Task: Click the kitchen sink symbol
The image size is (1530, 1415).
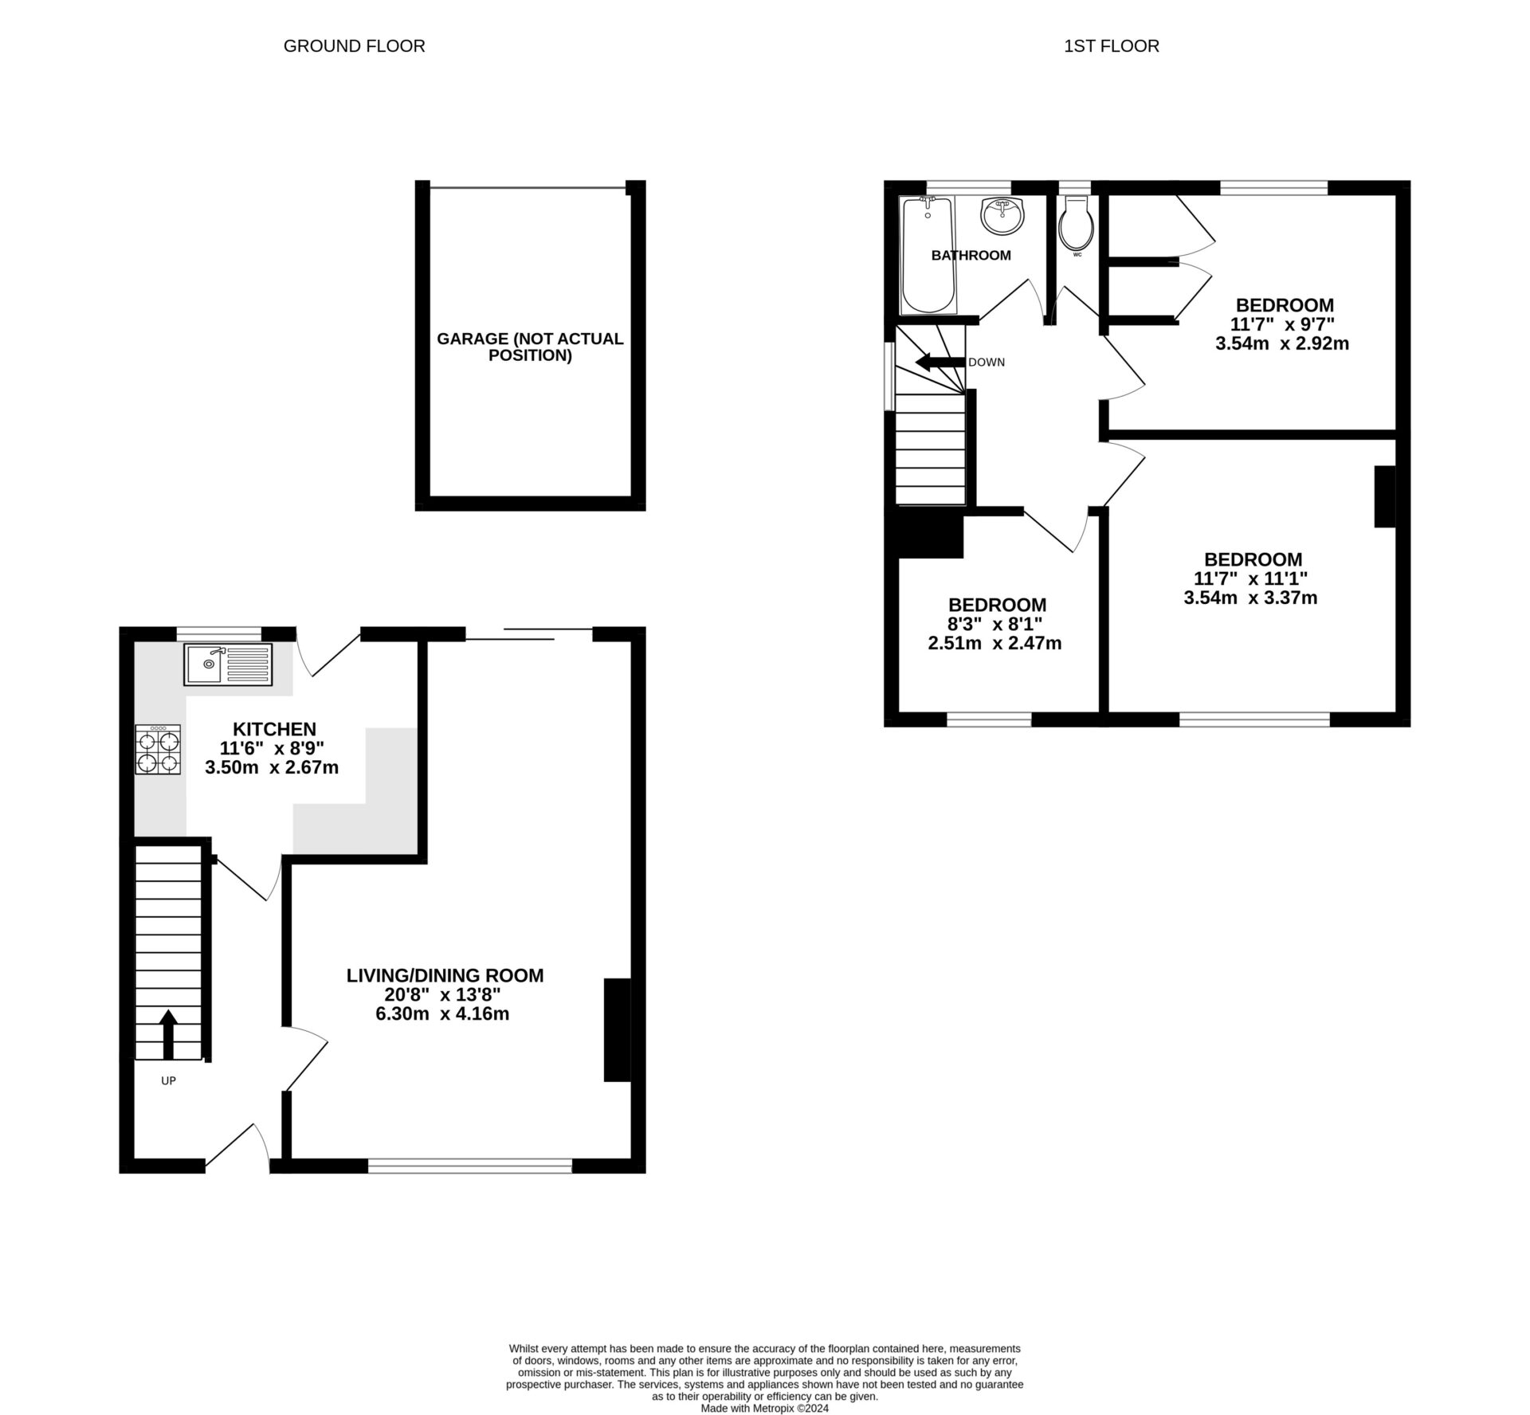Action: click(x=228, y=664)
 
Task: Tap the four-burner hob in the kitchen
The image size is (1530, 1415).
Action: click(x=158, y=750)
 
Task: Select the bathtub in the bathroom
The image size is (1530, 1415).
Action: click(x=928, y=256)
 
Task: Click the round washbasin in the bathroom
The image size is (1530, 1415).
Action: click(x=1002, y=216)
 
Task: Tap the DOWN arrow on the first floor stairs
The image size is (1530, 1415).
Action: click(x=940, y=363)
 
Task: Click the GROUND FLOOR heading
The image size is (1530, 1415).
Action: click(x=354, y=46)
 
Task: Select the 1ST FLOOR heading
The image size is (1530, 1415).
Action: click(x=1111, y=46)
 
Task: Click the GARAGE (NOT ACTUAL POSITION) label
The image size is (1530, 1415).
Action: click(x=530, y=347)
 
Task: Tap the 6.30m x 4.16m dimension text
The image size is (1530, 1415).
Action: click(x=444, y=1013)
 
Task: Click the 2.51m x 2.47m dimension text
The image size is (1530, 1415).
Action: click(x=994, y=643)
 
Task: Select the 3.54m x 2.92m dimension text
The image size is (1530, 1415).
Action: click(x=1281, y=343)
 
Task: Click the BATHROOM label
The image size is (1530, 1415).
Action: click(x=971, y=255)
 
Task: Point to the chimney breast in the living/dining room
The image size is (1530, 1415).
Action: click(x=617, y=1029)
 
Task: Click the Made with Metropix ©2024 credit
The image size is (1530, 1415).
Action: click(x=764, y=1408)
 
